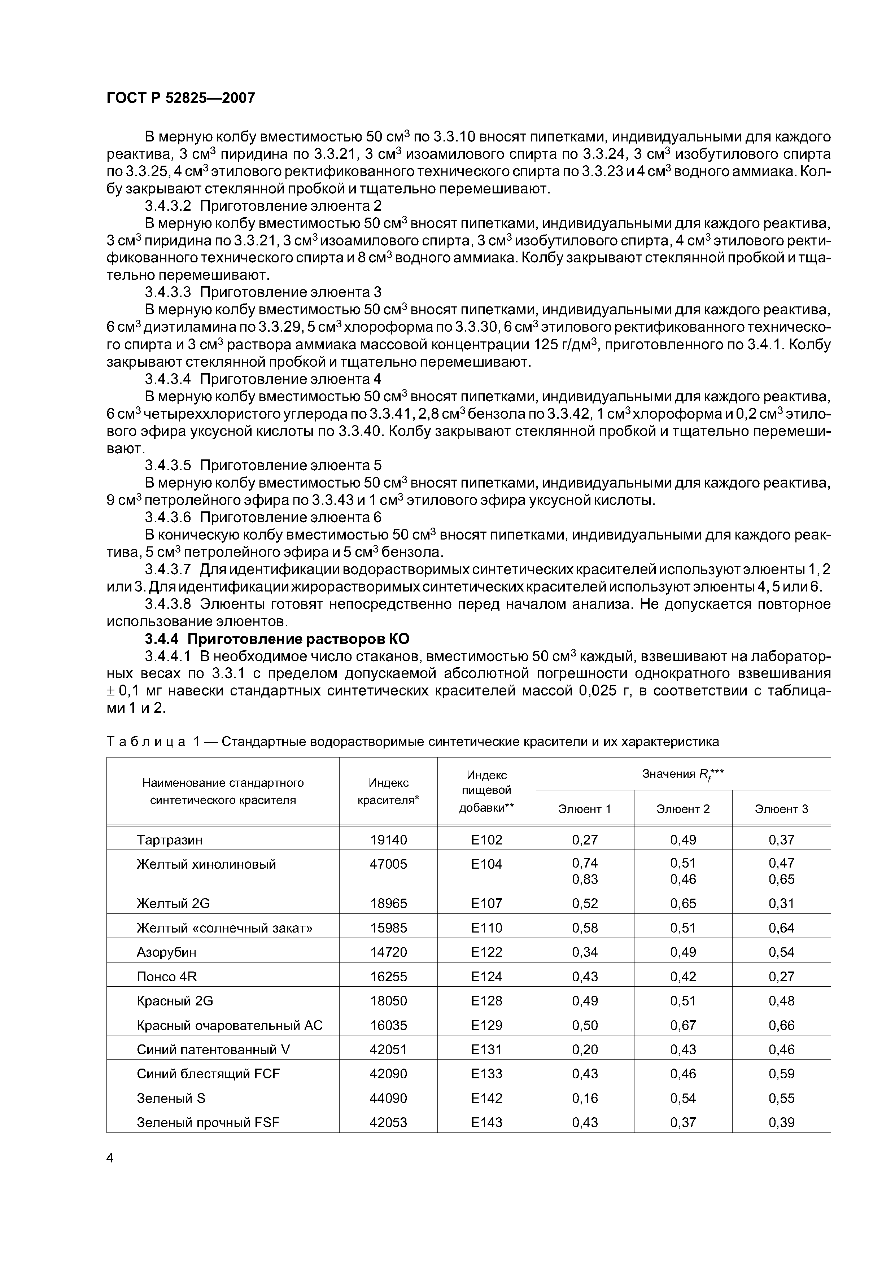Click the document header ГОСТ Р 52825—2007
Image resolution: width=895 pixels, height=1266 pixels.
coord(180,98)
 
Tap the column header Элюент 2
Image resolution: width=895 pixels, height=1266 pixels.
coord(683,809)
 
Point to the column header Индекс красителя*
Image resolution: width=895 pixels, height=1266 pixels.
coord(388,791)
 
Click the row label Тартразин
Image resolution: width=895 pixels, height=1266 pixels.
coord(169,840)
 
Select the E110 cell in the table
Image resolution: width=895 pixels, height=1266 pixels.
coord(486,928)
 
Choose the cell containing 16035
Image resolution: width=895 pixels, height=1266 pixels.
coord(388,1025)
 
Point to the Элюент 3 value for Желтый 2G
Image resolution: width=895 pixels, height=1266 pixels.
coord(781,903)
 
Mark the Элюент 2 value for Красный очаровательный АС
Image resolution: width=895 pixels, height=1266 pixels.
coord(683,1025)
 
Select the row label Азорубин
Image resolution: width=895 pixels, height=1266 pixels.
coord(166,952)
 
